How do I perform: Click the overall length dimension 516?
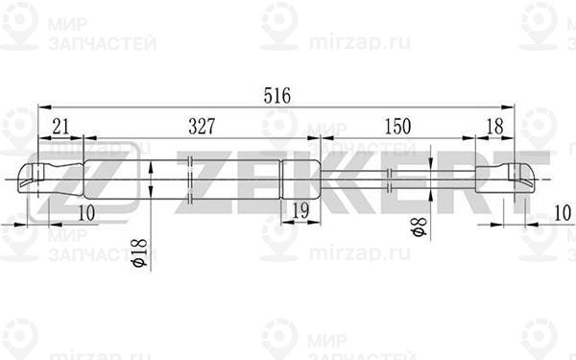coord(277,95)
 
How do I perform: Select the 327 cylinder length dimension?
coord(202,127)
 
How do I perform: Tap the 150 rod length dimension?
coord(397,127)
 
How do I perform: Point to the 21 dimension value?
coord(60,127)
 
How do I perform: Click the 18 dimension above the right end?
coord(494,127)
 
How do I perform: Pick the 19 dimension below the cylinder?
coord(300,211)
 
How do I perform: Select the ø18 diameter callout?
coord(139,252)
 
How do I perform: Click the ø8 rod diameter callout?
coord(420,227)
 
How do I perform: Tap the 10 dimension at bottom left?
coord(86,213)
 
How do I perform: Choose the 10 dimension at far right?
coord(563,213)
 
